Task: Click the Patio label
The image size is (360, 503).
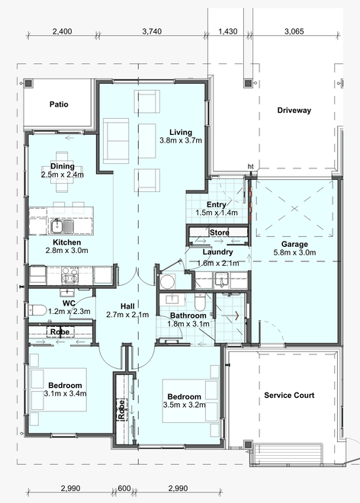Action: (59, 104)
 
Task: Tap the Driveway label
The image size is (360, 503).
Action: (294, 111)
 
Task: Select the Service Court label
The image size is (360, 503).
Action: (289, 396)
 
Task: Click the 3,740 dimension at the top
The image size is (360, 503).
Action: (152, 31)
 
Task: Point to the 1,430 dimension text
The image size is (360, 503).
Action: (228, 31)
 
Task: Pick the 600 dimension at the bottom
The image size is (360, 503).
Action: (124, 489)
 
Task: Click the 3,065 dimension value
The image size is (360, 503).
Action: (294, 31)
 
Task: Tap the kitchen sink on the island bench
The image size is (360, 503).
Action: (62, 226)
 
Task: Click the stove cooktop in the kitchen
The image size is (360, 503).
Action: (69, 275)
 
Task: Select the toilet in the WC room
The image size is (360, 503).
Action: (37, 310)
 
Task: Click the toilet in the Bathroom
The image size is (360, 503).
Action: (200, 302)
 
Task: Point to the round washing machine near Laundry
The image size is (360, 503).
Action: (167, 281)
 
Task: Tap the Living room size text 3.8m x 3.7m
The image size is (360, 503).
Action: (181, 140)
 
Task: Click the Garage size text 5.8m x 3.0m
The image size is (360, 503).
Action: (294, 252)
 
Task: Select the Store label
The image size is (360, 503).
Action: (220, 232)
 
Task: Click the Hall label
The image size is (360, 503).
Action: (127, 306)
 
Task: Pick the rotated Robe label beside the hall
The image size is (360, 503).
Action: (121, 409)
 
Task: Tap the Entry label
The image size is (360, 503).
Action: (216, 205)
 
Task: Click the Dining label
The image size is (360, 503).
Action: (63, 166)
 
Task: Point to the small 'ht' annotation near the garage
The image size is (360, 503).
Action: (250, 166)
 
